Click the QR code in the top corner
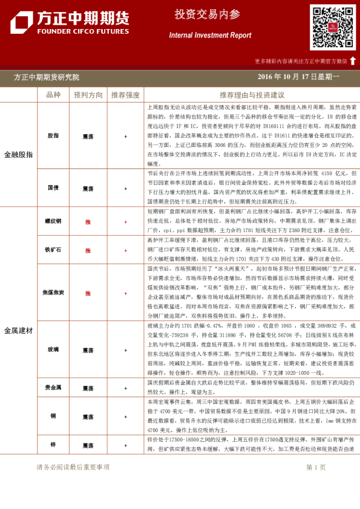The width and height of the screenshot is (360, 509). click(332, 27)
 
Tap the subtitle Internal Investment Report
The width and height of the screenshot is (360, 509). click(210, 36)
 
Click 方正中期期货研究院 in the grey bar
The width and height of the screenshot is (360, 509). click(47, 77)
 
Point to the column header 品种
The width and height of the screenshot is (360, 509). click(53, 95)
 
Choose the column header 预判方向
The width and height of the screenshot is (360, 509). click(88, 95)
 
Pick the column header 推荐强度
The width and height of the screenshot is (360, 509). click(125, 95)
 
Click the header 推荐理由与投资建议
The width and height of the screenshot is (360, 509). click(252, 95)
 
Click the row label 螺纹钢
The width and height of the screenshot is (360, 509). click(53, 222)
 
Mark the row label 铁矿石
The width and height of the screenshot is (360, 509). click(53, 249)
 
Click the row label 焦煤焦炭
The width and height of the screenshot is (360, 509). click(53, 293)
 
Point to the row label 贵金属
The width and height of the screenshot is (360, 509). click(53, 387)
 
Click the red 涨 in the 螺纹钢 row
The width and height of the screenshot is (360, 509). click(88, 222)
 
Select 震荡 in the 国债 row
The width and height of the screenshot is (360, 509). click(88, 188)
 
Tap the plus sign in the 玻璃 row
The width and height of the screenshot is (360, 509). click(125, 349)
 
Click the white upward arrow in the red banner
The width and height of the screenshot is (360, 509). click(353, 60)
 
